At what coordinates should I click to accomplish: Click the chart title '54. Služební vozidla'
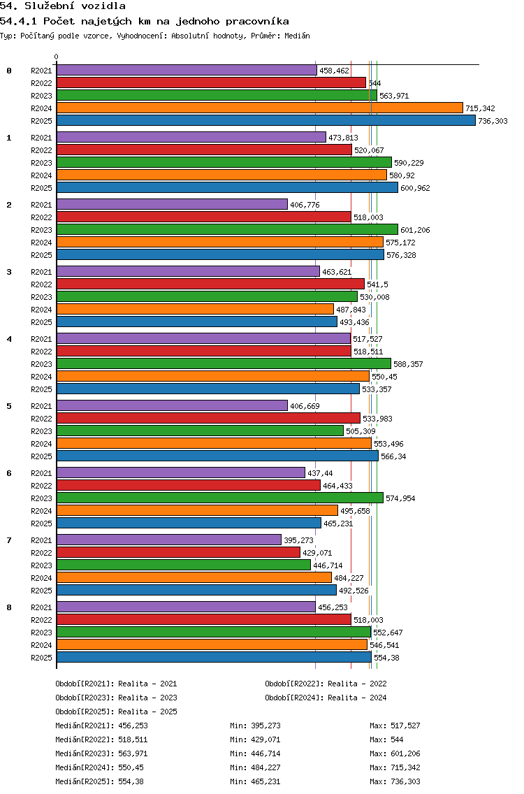62,6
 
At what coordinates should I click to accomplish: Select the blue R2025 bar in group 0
265,120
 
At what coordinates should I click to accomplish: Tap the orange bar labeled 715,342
259,108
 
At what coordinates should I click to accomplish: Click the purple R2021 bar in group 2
172,204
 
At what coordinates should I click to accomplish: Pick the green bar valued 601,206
227,229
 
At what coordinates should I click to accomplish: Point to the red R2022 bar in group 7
178,552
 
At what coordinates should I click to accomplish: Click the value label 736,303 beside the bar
493,121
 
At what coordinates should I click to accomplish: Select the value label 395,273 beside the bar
299,540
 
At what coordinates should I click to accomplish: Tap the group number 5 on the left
9,406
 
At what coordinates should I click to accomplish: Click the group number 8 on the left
9,607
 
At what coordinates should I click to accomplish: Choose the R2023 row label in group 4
41,364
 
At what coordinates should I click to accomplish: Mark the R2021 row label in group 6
41,473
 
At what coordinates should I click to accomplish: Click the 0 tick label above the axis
57,57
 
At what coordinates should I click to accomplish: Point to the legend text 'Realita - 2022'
357,684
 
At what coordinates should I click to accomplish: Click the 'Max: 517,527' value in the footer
395,726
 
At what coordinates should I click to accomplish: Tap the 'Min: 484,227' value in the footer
255,767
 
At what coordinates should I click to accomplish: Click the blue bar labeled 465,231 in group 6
189,523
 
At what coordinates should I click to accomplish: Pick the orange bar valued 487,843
195,309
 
